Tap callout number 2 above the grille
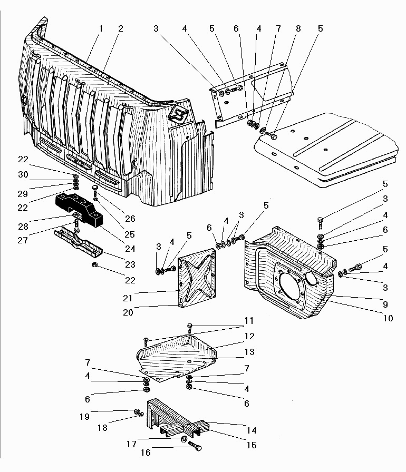pos(120,28)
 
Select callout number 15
pos(252,445)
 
